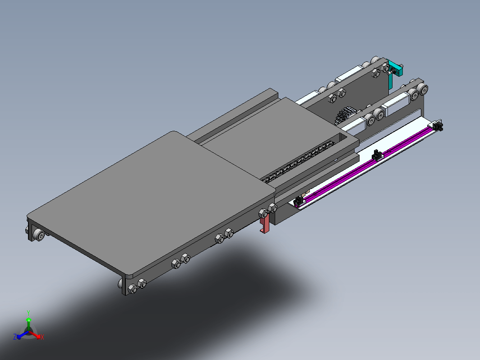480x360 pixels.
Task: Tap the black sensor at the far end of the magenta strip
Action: (x=438, y=125)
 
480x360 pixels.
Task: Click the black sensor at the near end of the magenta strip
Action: (x=298, y=201)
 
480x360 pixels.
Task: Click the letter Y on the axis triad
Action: (x=28, y=313)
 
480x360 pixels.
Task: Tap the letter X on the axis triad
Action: (x=42, y=337)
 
